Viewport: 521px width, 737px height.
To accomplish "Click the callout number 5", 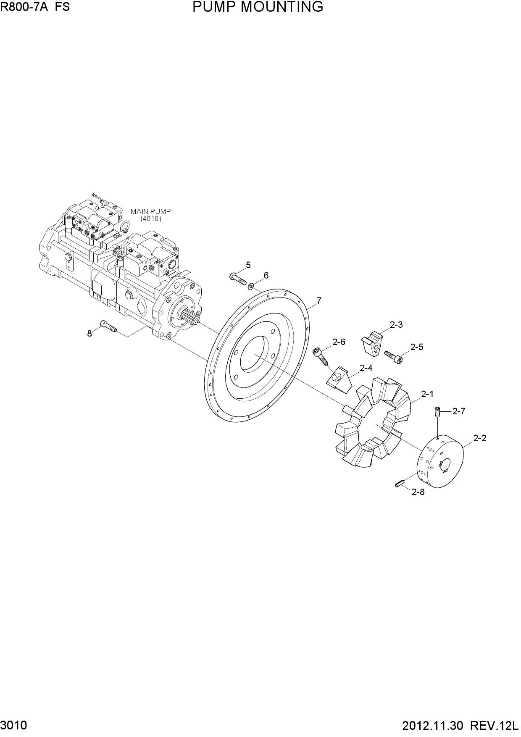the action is (x=248, y=265).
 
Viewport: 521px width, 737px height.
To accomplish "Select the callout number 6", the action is (x=266, y=276).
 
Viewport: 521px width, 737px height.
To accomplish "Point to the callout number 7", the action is (x=319, y=301).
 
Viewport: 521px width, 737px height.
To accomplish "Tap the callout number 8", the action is (x=89, y=334).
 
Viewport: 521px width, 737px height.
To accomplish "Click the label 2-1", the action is (x=427, y=394).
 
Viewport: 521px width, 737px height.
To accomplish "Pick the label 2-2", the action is (x=480, y=438).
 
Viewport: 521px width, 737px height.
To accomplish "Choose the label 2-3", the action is (x=396, y=325).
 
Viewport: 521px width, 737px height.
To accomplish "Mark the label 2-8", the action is (x=418, y=492).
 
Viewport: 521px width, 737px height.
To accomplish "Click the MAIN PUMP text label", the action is (x=151, y=212).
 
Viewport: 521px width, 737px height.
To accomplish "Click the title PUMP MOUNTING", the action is (x=258, y=7).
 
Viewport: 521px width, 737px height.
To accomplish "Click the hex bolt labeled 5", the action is (x=238, y=279).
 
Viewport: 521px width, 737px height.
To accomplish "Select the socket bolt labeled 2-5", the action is (x=393, y=357).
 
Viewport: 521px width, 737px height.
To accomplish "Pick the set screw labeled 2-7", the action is (x=437, y=412).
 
